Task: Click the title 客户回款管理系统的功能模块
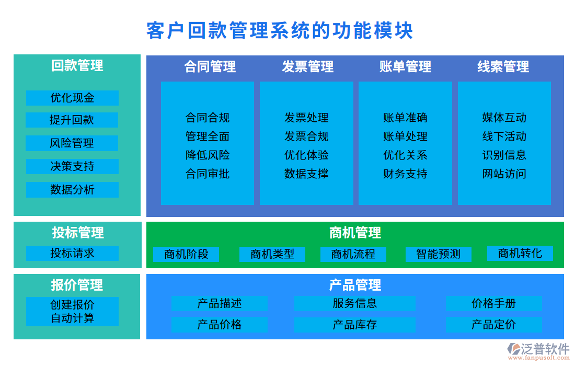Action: (x=280, y=31)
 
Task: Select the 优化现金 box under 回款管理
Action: (x=72, y=98)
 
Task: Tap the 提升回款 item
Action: (x=72, y=120)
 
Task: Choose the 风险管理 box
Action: (x=72, y=143)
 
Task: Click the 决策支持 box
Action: (x=72, y=167)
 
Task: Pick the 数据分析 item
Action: (x=72, y=190)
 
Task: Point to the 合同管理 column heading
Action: (x=210, y=67)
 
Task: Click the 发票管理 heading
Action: (x=308, y=67)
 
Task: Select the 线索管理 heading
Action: (x=503, y=67)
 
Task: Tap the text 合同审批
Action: (x=208, y=174)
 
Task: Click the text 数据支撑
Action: (x=306, y=174)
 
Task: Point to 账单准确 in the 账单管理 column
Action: (x=405, y=118)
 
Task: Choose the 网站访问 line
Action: (x=504, y=174)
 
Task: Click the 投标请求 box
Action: (x=72, y=253)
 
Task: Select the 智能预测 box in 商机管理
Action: (x=438, y=255)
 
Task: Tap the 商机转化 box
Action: (x=520, y=254)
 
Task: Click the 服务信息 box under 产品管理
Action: (x=354, y=303)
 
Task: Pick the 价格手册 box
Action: (x=493, y=303)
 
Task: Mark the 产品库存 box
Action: (x=354, y=325)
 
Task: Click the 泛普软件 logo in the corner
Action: (x=538, y=350)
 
